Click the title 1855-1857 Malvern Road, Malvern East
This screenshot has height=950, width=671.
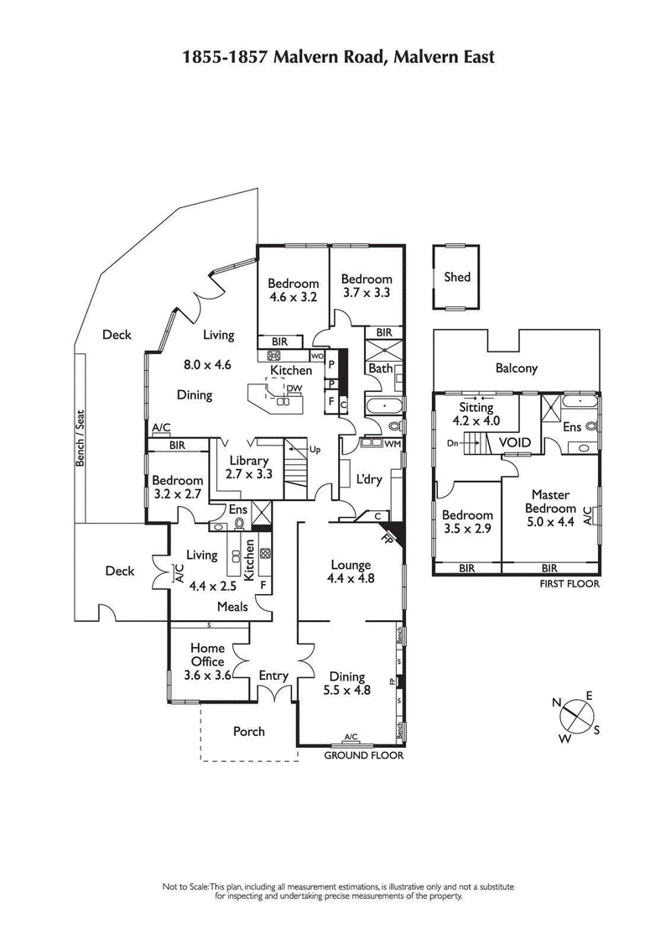click(339, 57)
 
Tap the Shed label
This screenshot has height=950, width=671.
click(457, 277)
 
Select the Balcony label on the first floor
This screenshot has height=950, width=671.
click(516, 368)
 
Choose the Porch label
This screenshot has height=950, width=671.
click(248, 731)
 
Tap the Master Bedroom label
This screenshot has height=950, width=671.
click(550, 501)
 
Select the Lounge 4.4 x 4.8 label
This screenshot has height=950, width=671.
click(351, 572)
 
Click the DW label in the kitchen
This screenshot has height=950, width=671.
click(294, 388)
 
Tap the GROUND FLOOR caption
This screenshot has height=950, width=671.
click(364, 755)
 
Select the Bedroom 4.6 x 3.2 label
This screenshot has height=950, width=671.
click(294, 290)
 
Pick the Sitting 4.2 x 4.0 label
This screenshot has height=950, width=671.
click(476, 414)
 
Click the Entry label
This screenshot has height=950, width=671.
click(273, 676)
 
